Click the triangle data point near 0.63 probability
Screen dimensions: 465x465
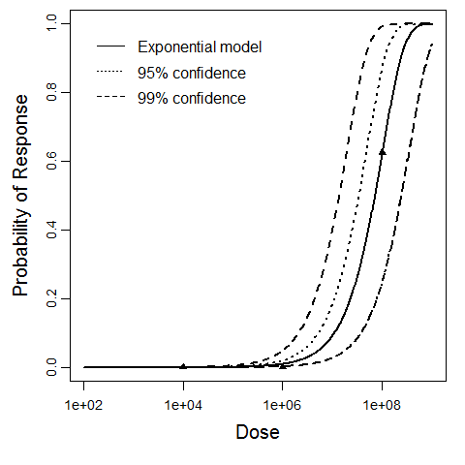click(383, 152)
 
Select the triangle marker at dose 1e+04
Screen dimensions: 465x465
click(183, 366)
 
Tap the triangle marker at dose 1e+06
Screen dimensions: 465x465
click(282, 365)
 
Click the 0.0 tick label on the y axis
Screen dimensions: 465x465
click(40, 368)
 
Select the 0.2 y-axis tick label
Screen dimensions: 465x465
click(40, 299)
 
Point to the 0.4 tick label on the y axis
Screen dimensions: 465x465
click(40, 231)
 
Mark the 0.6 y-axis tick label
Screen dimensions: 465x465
click(40, 162)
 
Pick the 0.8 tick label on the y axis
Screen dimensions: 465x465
click(40, 93)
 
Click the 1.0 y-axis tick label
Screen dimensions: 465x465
click(40, 24)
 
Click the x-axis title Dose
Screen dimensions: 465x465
click(258, 433)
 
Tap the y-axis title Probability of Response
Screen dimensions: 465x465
click(19, 197)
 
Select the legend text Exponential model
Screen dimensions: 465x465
click(201, 46)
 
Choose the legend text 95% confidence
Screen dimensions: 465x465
click(192, 73)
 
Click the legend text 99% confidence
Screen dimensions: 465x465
click(192, 98)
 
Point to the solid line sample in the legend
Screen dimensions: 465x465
click(110, 46)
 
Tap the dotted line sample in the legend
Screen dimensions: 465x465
click(110, 73)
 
